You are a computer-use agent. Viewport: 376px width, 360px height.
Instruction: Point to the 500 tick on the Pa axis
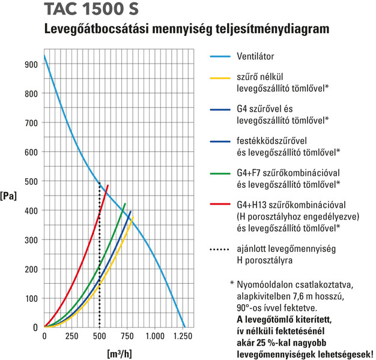[31, 181]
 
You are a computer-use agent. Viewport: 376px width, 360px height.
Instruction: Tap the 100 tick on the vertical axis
[31, 298]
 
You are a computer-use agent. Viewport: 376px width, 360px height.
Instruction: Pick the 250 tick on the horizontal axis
[71, 337]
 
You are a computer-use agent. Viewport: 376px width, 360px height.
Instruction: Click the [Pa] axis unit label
[9, 196]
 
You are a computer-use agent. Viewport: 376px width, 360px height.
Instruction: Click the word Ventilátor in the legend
[256, 56]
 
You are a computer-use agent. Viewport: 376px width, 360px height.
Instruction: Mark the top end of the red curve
[108, 184]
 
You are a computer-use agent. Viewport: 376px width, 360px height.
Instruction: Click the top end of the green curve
[125, 204]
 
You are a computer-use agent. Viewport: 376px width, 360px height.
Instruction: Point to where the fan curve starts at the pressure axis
[44, 56]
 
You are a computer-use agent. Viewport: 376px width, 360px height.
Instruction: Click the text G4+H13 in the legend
[254, 205]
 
